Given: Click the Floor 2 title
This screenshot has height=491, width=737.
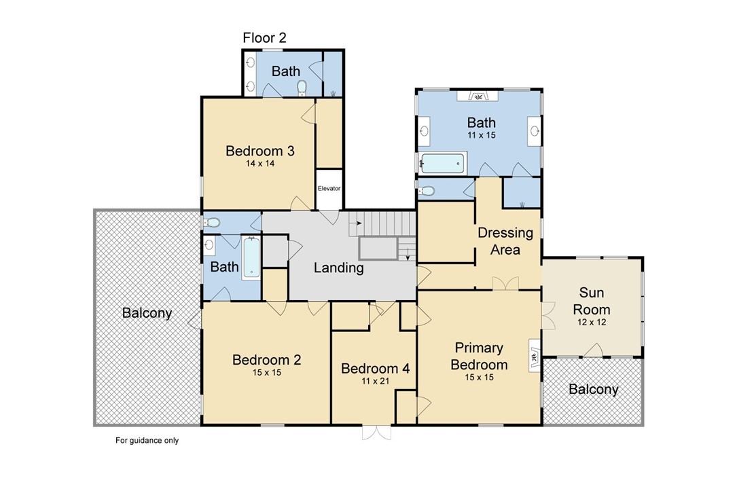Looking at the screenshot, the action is point(264,37).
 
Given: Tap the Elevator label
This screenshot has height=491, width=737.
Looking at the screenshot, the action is point(329,188).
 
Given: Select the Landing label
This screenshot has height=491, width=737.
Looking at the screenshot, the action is point(339,268).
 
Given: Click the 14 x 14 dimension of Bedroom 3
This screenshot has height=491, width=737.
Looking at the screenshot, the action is point(260,164).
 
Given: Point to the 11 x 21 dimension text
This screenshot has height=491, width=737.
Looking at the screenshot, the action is point(375,381).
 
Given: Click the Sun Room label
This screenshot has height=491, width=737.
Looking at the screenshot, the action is point(591,301).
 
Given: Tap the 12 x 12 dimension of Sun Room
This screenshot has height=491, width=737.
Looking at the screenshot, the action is point(592,323).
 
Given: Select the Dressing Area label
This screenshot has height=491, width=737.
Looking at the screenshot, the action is point(505,241).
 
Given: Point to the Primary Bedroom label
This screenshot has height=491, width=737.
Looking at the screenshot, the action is point(479,356).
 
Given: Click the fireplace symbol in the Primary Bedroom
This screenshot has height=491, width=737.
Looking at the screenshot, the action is point(535,356).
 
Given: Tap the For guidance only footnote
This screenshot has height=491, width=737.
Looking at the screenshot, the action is point(147,440).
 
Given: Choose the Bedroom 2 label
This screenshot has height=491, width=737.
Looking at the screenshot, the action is point(266,360).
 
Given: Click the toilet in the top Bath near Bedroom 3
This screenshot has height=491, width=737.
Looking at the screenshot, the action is point(302,88).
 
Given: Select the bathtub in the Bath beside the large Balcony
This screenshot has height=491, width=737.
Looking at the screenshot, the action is point(251,258).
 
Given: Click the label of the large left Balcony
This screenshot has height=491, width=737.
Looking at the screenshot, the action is point(147,313).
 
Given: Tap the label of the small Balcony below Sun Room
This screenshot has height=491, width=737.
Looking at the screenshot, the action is point(593,389).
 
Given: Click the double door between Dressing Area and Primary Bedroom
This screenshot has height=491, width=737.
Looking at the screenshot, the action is point(506,284).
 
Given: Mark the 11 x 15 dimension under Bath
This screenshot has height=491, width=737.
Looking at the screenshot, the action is point(482,135).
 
